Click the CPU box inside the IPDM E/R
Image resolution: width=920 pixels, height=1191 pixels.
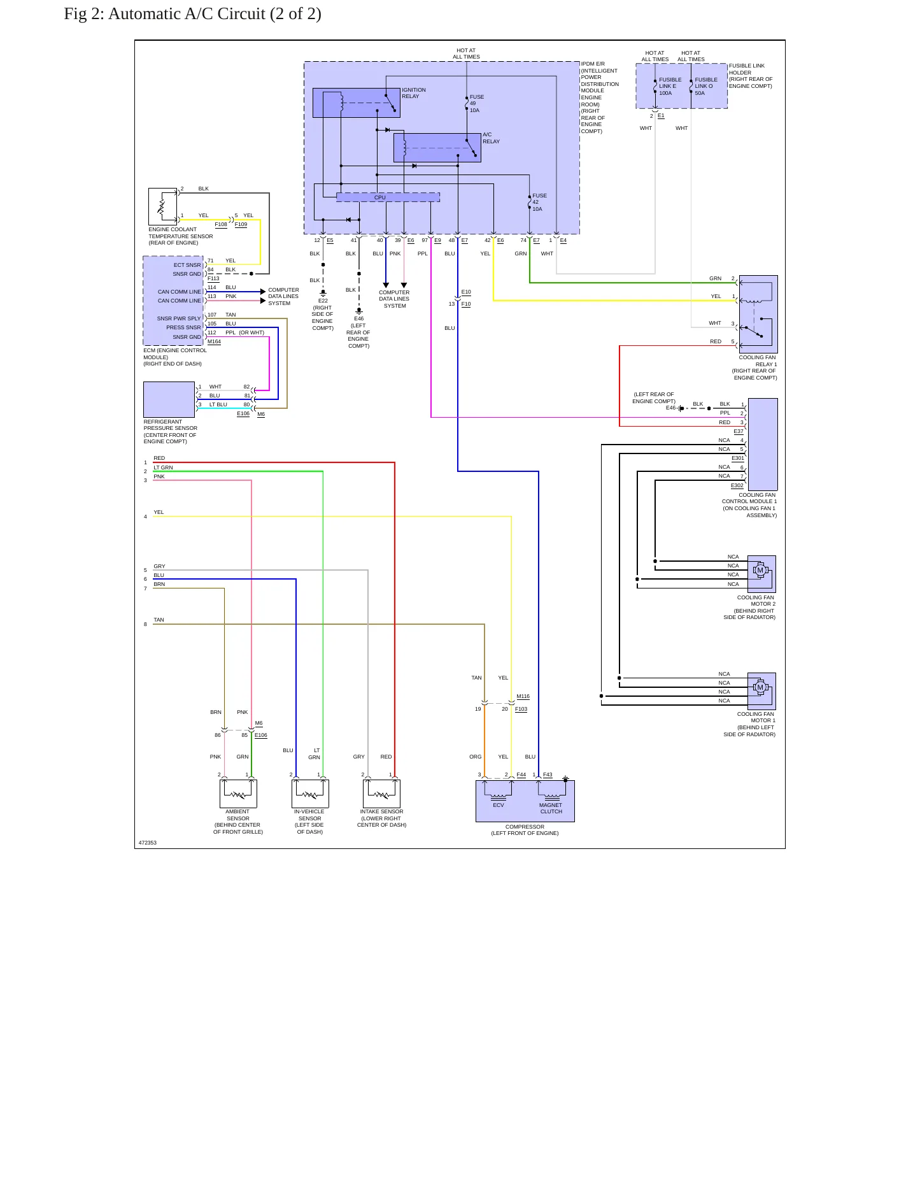[388, 197]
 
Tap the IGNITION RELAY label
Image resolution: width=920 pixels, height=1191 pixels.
[414, 93]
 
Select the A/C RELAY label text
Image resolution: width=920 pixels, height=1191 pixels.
[491, 138]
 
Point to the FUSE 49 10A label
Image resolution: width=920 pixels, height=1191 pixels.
[477, 104]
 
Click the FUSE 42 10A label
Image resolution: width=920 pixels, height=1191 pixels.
[539, 203]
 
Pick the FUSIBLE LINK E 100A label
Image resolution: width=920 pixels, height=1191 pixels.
[670, 87]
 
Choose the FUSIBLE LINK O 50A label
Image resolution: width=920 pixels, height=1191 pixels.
[705, 87]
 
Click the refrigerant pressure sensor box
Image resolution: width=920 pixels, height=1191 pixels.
[169, 399]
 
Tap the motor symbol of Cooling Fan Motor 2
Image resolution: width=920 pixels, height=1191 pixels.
[760, 570]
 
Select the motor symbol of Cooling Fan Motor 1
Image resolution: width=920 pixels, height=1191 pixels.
[759, 687]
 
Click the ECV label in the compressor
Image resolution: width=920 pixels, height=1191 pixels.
[499, 805]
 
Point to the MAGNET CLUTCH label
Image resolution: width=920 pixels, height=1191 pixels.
[551, 808]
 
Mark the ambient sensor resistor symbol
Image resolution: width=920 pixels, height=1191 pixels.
[238, 795]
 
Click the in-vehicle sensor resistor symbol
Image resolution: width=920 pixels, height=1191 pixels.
[310, 795]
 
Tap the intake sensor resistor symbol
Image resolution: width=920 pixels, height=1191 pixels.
[381, 795]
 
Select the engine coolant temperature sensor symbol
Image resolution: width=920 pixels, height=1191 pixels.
[162, 206]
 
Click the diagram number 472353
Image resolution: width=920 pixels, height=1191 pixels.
[148, 843]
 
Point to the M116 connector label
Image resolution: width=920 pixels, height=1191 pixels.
[523, 697]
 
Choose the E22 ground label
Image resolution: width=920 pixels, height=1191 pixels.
[323, 301]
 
